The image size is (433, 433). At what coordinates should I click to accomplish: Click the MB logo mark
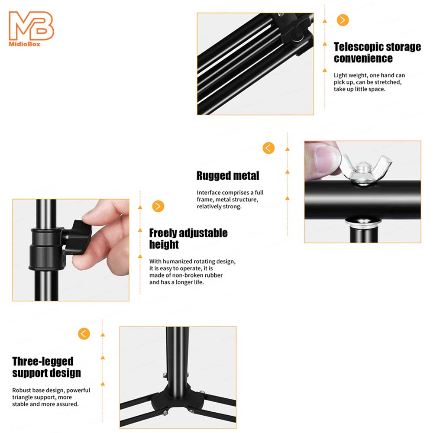tap(31, 26)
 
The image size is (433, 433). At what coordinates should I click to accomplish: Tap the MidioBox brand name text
tap(25, 44)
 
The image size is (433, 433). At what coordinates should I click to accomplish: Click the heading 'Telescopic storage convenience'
tap(377, 52)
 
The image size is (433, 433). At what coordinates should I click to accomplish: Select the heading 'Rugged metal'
tap(228, 176)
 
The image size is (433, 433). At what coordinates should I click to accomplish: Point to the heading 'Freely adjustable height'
tap(188, 239)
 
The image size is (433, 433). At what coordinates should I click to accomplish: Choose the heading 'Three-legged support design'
tap(46, 367)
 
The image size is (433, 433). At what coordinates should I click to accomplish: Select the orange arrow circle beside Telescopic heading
tap(343, 20)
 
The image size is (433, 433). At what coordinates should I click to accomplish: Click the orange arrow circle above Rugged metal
tap(268, 148)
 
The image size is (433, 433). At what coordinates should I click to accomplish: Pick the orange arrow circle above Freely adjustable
tap(158, 206)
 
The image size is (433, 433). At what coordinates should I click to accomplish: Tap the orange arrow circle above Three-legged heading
tap(84, 333)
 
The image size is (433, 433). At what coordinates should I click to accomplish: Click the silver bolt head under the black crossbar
tap(363, 222)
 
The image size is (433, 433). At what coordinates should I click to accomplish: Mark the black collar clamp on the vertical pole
tap(47, 249)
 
